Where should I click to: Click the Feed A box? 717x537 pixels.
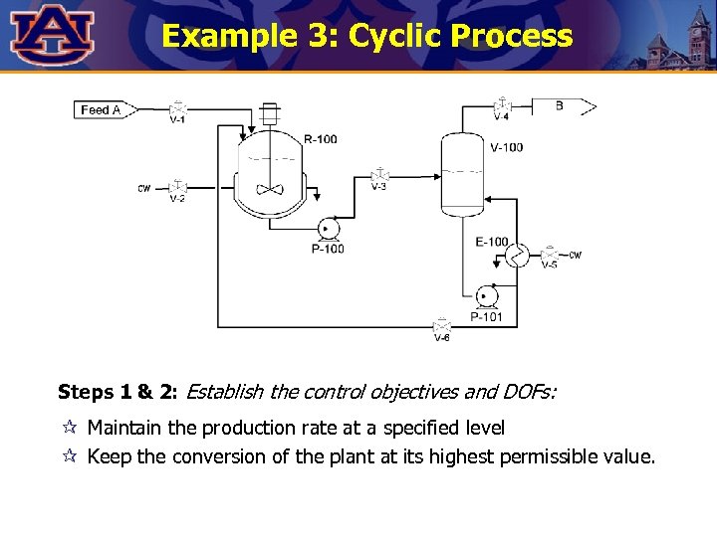pyautogui.click(x=101, y=109)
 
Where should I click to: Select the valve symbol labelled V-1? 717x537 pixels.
pyautogui.click(x=177, y=108)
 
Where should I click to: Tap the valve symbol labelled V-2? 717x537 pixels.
pyautogui.click(x=177, y=187)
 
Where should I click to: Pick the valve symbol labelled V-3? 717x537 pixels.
pyautogui.click(x=378, y=175)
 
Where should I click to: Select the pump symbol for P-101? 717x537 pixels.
pyautogui.click(x=487, y=296)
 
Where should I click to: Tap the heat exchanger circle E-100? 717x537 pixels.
pyautogui.click(x=518, y=256)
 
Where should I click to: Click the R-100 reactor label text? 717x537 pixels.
pyautogui.click(x=320, y=138)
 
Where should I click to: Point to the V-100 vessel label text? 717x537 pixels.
pyautogui.click(x=506, y=147)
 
